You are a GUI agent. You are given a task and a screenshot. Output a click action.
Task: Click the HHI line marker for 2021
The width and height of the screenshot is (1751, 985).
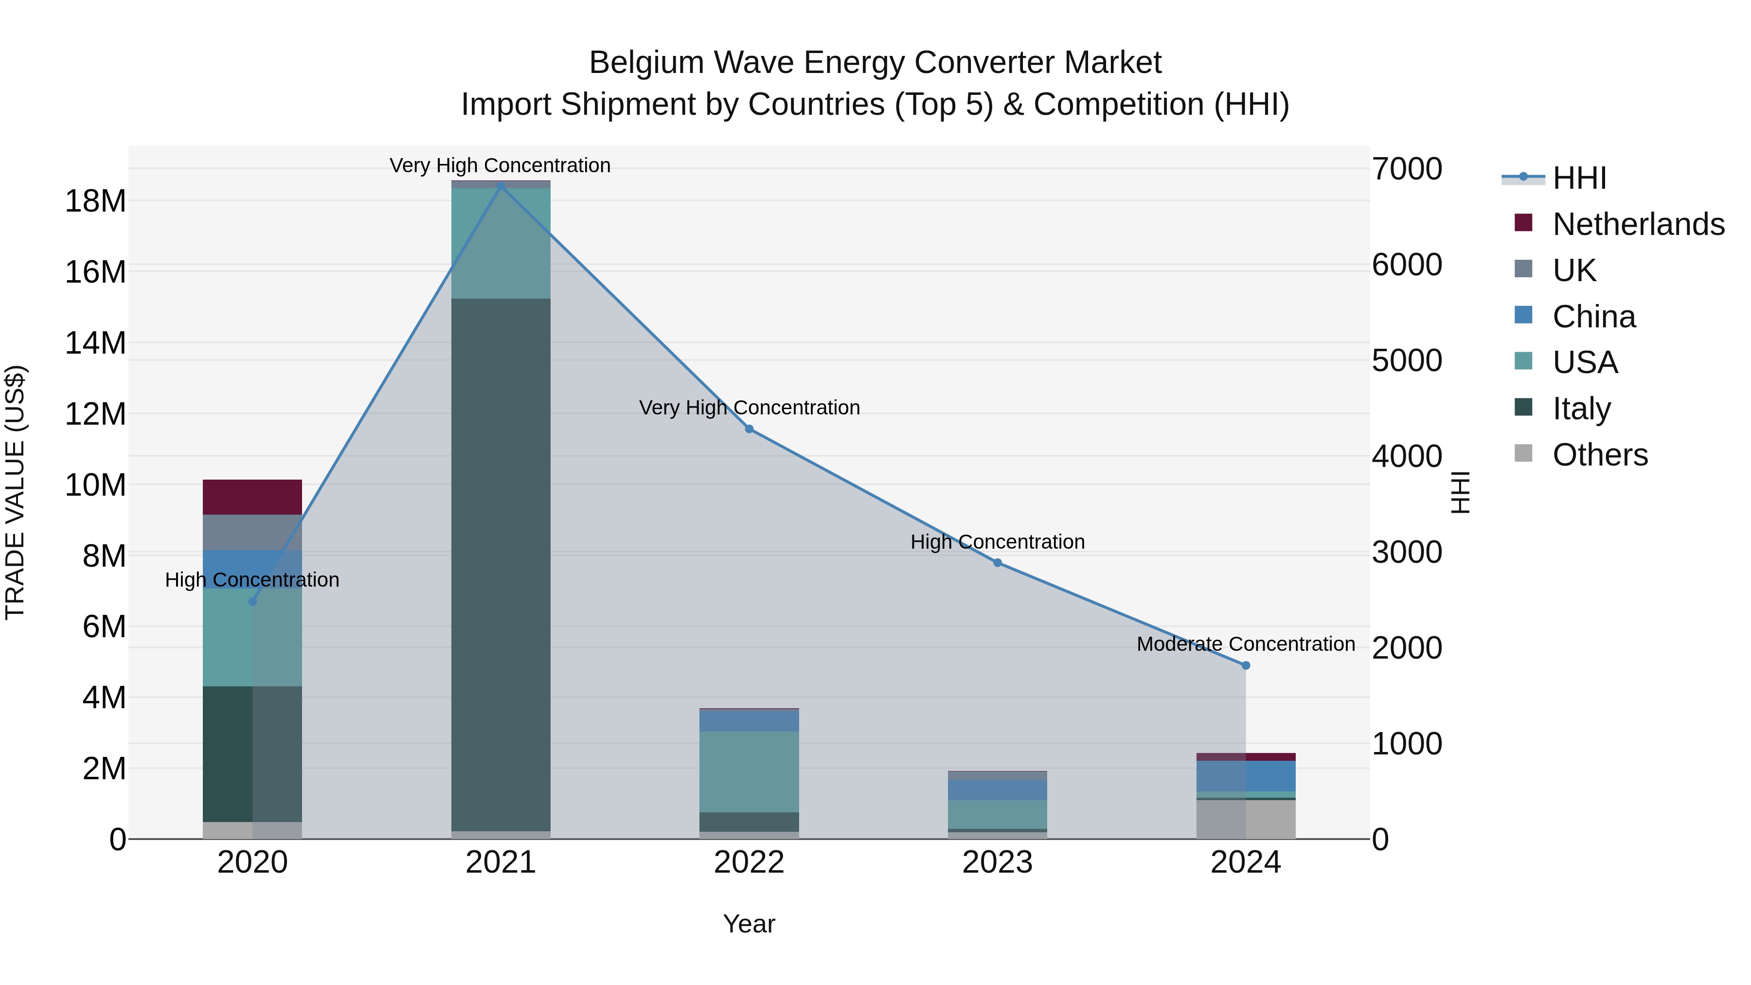pos(501,186)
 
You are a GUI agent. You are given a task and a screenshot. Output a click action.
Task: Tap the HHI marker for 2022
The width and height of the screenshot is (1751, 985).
pos(749,429)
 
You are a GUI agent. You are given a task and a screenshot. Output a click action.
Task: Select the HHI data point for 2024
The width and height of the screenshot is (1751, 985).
pos(1245,665)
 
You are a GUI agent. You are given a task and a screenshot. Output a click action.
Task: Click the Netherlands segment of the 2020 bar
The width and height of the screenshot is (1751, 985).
pos(252,497)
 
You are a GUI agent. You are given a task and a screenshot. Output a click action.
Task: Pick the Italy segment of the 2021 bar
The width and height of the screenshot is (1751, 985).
pos(501,564)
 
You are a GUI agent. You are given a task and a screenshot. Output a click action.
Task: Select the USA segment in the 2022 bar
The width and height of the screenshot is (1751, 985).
pos(749,771)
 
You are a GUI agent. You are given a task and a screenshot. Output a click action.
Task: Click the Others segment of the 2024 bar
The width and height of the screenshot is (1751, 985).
pos(1245,819)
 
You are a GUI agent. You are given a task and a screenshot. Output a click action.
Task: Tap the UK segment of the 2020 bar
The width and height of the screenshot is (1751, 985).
pos(252,532)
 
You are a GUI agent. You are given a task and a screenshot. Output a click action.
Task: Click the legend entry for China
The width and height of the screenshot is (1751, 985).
pos(1593,317)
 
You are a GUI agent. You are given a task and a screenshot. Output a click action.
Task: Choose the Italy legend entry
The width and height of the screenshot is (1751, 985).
pos(1581,409)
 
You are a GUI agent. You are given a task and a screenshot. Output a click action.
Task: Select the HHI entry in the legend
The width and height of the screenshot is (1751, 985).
pos(1579,178)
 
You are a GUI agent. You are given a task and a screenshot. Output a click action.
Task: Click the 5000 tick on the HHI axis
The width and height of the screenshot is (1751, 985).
pos(1406,360)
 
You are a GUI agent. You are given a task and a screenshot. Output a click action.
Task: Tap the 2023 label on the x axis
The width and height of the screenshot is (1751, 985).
pos(997,862)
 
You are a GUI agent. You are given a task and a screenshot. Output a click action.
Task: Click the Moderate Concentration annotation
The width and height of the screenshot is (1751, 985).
pos(1245,644)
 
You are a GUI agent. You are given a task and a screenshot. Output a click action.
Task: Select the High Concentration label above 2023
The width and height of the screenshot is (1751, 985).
pos(997,542)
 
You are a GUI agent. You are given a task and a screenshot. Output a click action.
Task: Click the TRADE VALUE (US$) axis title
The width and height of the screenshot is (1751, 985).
pos(15,492)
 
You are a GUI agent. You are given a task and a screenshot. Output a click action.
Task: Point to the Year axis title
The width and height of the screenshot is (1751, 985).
pos(749,924)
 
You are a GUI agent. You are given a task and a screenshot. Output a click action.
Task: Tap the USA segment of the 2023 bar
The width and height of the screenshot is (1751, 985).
pos(997,814)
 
